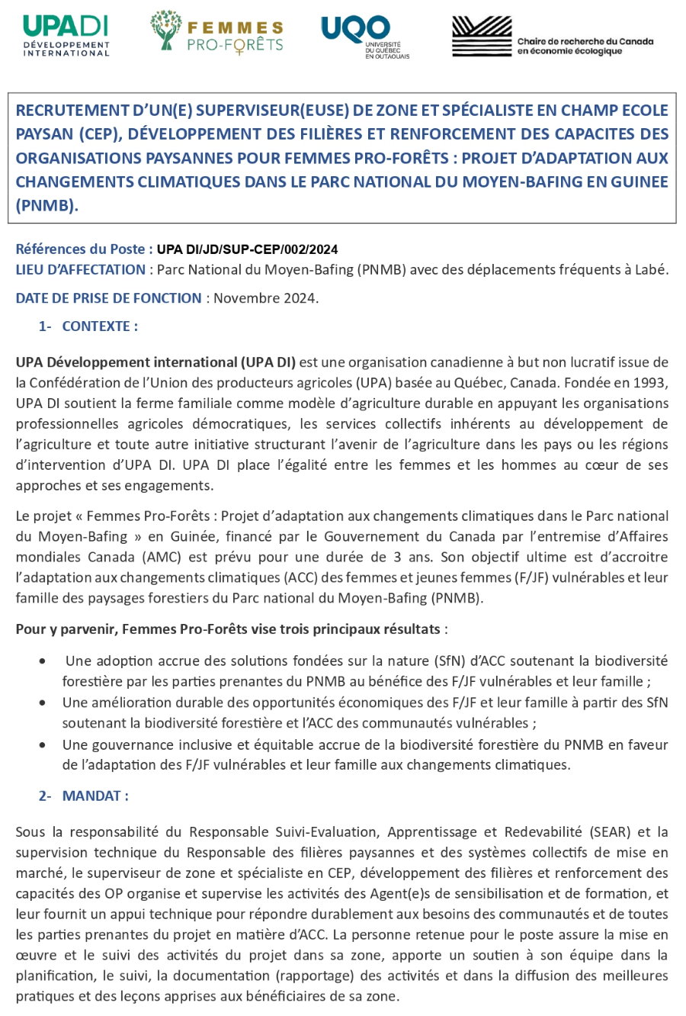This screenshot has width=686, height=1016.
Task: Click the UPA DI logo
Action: tap(66, 35)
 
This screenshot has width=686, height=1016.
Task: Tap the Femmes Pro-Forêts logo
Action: tap(216, 33)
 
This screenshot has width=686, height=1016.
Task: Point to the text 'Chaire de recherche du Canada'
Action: tap(585, 41)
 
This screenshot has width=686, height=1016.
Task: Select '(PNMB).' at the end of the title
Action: tap(46, 205)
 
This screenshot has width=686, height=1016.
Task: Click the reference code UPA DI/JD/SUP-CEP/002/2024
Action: tap(247, 249)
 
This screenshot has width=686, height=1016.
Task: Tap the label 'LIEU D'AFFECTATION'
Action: tap(80, 269)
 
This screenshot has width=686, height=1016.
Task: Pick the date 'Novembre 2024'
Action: tap(264, 298)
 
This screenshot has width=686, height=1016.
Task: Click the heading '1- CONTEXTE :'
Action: tap(88, 326)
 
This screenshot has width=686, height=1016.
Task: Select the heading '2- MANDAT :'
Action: tap(84, 796)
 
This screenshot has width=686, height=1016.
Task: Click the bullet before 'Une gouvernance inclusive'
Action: tap(45, 744)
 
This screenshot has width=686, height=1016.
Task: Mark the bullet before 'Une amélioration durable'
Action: tap(45, 703)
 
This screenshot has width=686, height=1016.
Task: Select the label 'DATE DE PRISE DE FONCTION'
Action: tap(108, 298)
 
